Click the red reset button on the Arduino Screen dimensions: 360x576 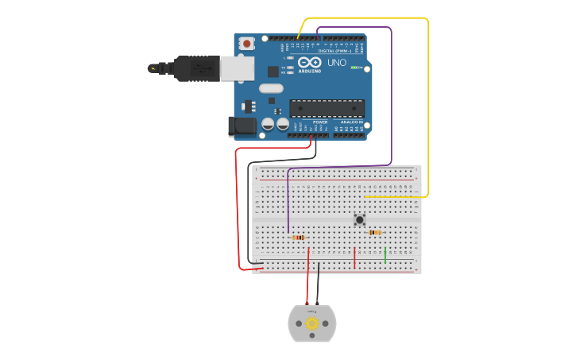[247, 43]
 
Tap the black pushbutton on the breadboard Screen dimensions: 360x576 [359, 219]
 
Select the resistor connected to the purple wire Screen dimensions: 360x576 [298, 237]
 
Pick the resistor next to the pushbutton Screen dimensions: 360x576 [375, 232]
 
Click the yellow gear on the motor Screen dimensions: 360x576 [311, 323]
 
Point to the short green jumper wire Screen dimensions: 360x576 [385, 255]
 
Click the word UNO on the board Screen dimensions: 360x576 [337, 63]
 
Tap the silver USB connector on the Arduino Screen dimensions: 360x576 [238, 69]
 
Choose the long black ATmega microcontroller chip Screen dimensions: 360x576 [327, 108]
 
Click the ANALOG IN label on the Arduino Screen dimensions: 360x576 [352, 122]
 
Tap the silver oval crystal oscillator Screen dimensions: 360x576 [271, 88]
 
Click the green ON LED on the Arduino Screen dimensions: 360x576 [354, 68]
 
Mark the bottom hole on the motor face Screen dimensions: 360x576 [312, 336]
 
